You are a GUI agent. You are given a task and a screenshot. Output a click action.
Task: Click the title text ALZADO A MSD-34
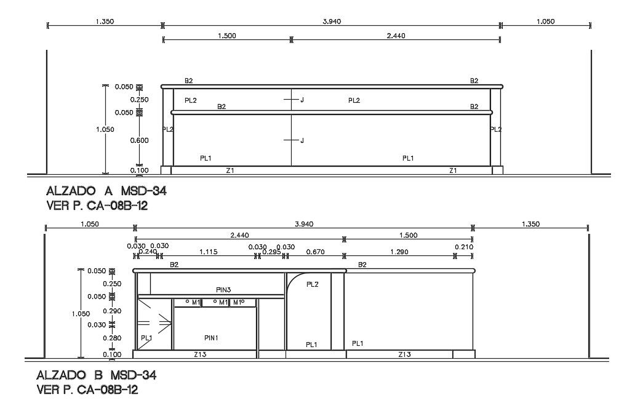(x=106, y=191)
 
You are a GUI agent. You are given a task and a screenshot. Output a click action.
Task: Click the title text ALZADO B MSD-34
(x=97, y=375)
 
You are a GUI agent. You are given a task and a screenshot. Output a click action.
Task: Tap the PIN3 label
(x=223, y=290)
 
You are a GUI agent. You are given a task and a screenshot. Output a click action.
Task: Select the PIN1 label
(x=211, y=337)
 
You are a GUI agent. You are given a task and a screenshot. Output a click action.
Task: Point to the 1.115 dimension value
(x=208, y=252)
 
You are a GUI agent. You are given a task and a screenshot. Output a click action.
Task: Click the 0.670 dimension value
(x=315, y=252)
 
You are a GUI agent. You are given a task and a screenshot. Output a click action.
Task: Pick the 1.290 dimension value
(x=399, y=252)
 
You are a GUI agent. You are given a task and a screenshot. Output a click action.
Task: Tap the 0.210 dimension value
(x=464, y=247)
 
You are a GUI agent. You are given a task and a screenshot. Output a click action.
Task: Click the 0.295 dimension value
(x=271, y=252)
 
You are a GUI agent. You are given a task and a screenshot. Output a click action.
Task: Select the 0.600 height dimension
(x=139, y=140)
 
